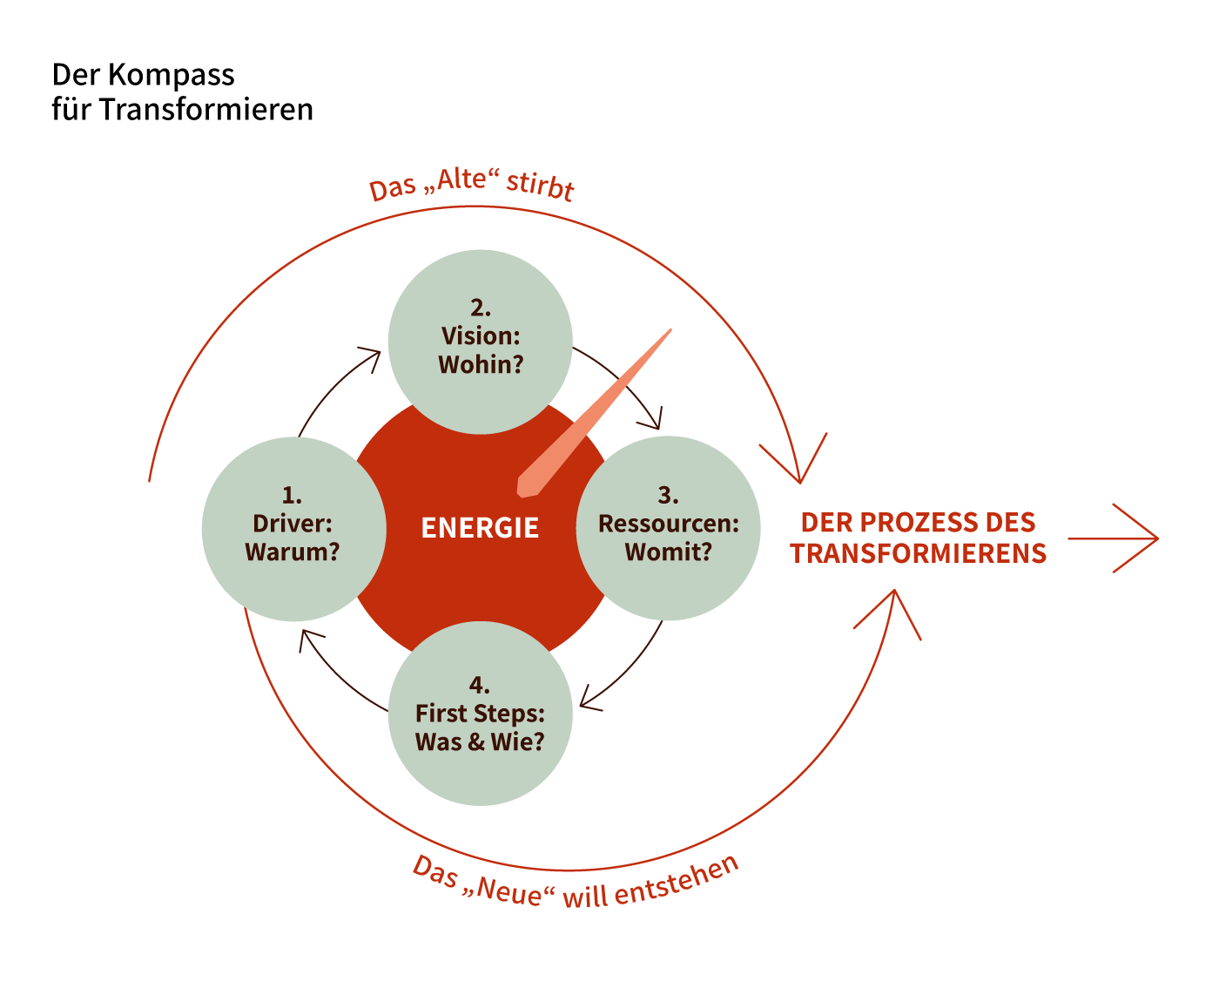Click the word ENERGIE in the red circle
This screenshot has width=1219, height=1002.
(x=480, y=528)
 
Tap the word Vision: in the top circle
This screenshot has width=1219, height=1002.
(x=480, y=336)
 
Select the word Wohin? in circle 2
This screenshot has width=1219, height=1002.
(x=481, y=364)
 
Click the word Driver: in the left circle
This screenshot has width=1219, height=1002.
(x=293, y=524)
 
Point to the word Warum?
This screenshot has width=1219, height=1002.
(x=293, y=552)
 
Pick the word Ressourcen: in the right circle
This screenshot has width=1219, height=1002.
(x=668, y=524)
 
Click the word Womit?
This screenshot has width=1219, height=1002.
(x=668, y=552)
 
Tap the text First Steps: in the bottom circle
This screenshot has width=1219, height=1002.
(x=480, y=714)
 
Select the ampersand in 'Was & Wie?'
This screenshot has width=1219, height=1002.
(x=475, y=742)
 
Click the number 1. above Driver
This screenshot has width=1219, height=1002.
(x=292, y=496)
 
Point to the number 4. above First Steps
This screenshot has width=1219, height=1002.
(x=479, y=685)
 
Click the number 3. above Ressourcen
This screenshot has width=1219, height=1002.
(x=668, y=496)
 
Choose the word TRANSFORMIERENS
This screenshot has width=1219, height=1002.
(x=918, y=553)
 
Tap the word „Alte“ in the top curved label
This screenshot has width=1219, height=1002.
(x=462, y=180)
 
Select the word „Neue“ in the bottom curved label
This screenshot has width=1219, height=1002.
(x=509, y=890)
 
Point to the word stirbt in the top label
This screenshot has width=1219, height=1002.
(x=541, y=186)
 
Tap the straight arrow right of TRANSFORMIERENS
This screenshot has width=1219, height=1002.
(x=1115, y=538)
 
